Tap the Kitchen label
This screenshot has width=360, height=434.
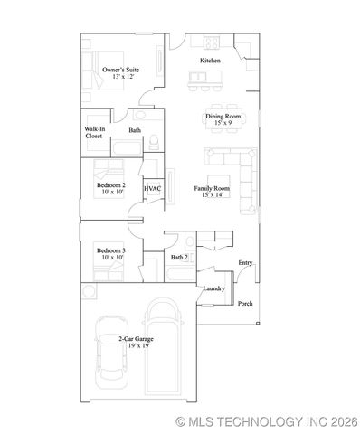click(210, 61)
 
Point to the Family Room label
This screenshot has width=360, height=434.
click(212, 191)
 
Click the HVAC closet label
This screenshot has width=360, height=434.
click(153, 188)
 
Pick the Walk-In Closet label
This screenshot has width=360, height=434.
click(94, 133)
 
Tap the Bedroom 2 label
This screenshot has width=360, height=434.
click(110, 188)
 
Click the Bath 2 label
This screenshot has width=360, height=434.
click(179, 258)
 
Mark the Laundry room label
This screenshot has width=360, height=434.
click(213, 288)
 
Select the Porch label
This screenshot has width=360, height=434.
click(245, 303)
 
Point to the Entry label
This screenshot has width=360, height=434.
click(245, 263)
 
